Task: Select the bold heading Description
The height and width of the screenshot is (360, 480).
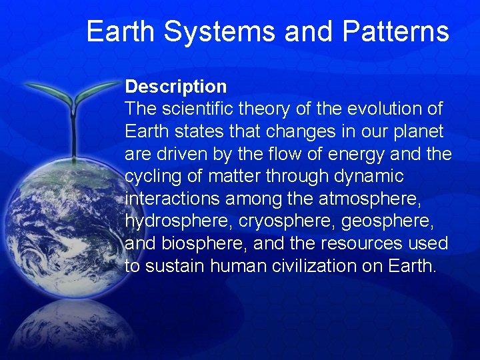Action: (176, 87)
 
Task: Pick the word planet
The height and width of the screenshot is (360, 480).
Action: (415, 131)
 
